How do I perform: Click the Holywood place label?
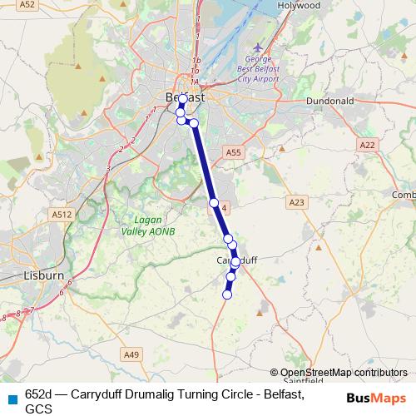(x=300, y=5)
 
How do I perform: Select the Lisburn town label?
(x=22, y=275)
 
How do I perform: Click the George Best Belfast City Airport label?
(x=261, y=72)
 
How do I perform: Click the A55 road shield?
(x=233, y=152)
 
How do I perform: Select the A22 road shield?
(x=367, y=145)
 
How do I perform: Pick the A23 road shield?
(x=297, y=202)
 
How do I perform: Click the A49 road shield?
(x=131, y=355)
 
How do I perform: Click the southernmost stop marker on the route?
(x=226, y=294)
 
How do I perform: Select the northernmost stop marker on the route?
(x=183, y=99)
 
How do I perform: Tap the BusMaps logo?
(x=376, y=397)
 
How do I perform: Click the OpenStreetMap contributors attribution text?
(x=344, y=373)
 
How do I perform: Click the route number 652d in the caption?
(x=38, y=394)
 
